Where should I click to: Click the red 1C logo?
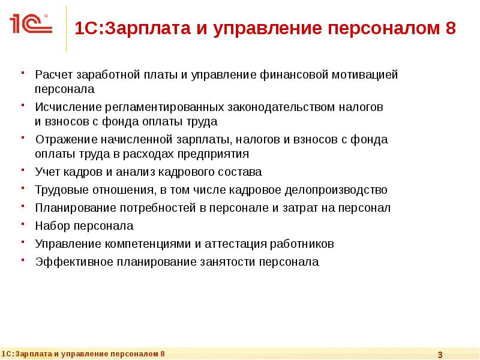coord(30,24)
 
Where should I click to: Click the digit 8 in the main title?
coord(450,28)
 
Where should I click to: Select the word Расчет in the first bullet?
coord(53,75)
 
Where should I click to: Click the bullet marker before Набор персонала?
coord(22,224)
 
